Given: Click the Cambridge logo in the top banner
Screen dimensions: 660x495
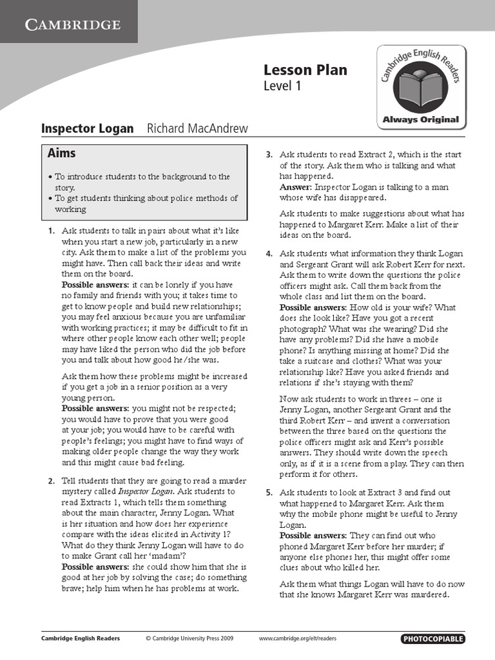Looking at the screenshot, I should (73, 25).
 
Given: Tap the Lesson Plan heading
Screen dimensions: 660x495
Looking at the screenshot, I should (305, 70).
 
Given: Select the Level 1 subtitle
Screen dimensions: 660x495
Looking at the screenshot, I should (282, 86).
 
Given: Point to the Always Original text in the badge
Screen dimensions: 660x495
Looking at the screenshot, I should (421, 119).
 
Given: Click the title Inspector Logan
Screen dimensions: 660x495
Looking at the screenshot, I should (88, 128).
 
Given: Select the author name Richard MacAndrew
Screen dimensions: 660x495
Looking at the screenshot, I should (197, 128).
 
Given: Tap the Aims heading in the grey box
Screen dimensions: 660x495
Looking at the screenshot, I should (61, 153).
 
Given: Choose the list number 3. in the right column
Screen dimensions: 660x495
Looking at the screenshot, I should (269, 155).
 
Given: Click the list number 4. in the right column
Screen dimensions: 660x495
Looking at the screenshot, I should (269, 254).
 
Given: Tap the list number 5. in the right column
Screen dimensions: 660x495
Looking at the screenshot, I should (269, 492).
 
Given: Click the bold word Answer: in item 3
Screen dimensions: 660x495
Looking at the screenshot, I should (295, 187).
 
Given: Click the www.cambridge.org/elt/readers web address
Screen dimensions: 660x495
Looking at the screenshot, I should (297, 639).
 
